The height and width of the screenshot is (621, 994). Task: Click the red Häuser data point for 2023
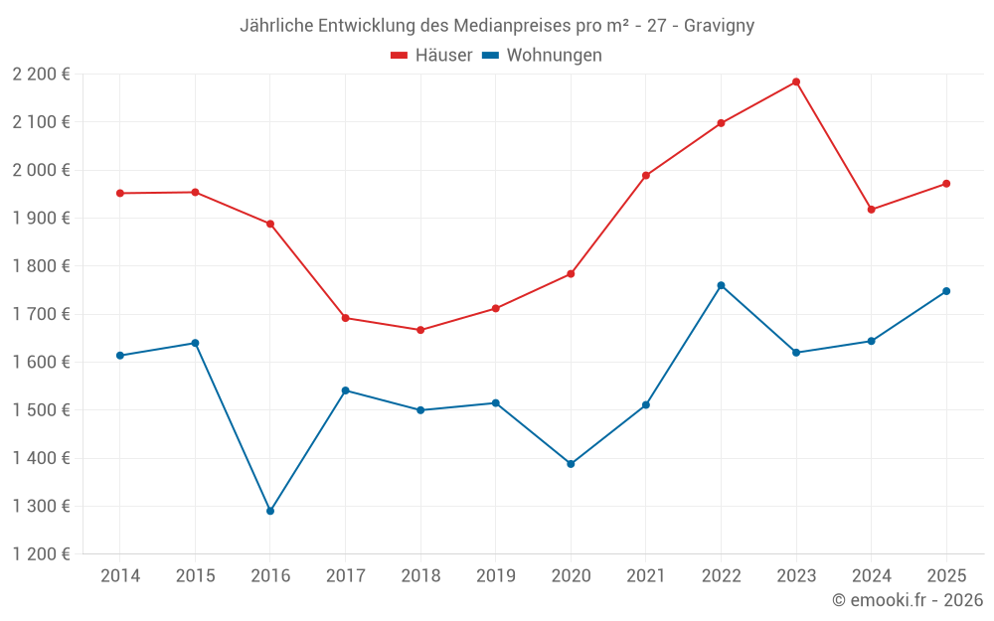[x=796, y=81]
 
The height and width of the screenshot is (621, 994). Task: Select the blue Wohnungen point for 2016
[x=270, y=511]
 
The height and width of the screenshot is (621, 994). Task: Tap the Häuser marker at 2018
[x=420, y=330]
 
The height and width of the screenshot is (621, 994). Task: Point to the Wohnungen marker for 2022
[x=721, y=285]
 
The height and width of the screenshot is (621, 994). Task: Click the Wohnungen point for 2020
[x=571, y=464]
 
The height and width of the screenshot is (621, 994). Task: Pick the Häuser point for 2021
[x=646, y=176]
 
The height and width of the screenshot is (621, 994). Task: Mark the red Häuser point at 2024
[x=872, y=210]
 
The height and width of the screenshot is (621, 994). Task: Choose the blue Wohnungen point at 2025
[x=946, y=291]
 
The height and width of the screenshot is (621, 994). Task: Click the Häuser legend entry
[x=431, y=56]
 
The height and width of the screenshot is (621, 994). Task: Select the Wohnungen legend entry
[x=542, y=56]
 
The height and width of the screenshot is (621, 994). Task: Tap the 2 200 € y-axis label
[x=41, y=75]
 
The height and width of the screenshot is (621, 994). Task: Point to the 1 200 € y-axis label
[x=41, y=554]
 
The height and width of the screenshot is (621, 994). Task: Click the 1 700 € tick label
[x=41, y=314]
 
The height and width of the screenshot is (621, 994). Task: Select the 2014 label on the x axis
[x=120, y=576]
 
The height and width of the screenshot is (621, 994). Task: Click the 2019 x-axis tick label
[x=496, y=576]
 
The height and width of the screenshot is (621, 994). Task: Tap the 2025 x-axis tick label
[x=946, y=576]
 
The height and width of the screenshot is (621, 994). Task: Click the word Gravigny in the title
[x=719, y=26]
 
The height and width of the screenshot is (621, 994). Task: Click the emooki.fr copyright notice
[x=908, y=600]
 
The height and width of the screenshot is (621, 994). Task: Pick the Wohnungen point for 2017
[x=345, y=390]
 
